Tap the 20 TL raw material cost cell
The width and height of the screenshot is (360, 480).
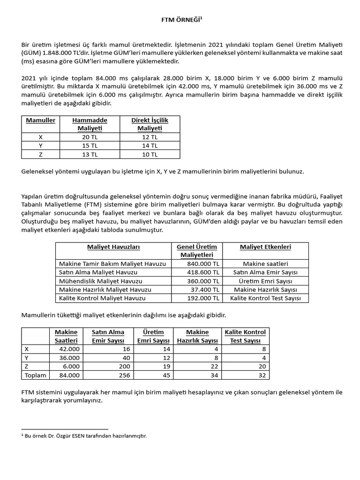90,137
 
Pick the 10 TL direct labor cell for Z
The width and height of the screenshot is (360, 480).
150,154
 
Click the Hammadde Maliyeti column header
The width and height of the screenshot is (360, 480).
90,124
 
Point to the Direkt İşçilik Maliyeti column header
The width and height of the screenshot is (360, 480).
150,124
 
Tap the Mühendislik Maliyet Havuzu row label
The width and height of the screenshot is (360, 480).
100,281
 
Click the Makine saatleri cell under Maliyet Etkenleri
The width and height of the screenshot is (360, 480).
266,264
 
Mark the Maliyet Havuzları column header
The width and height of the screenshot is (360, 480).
113,247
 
